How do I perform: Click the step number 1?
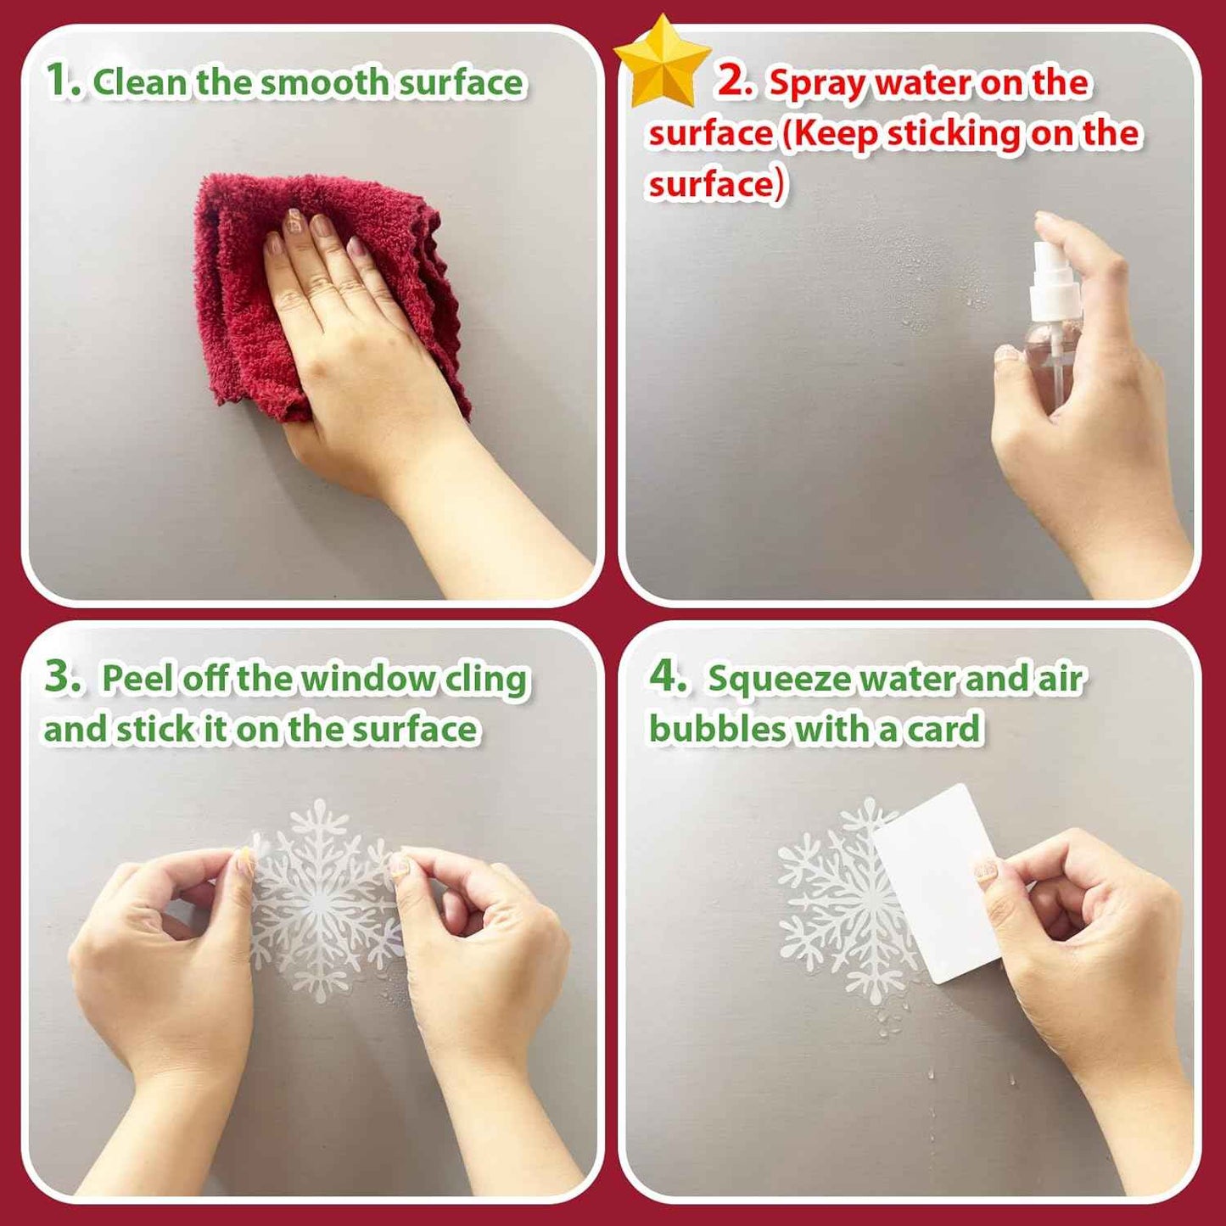61,81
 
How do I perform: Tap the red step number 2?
735,81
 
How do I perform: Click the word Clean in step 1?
141,82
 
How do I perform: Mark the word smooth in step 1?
323,82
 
